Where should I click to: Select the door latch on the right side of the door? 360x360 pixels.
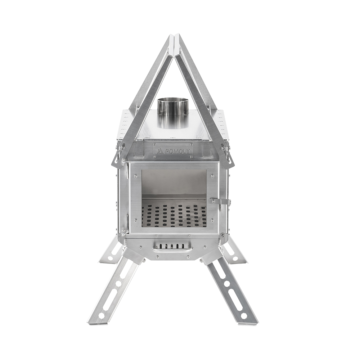click(220, 201)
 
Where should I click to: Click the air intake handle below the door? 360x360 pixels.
click(172, 248)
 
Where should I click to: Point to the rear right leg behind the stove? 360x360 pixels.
click(236, 252)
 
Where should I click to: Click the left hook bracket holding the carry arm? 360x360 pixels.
click(117, 158)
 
